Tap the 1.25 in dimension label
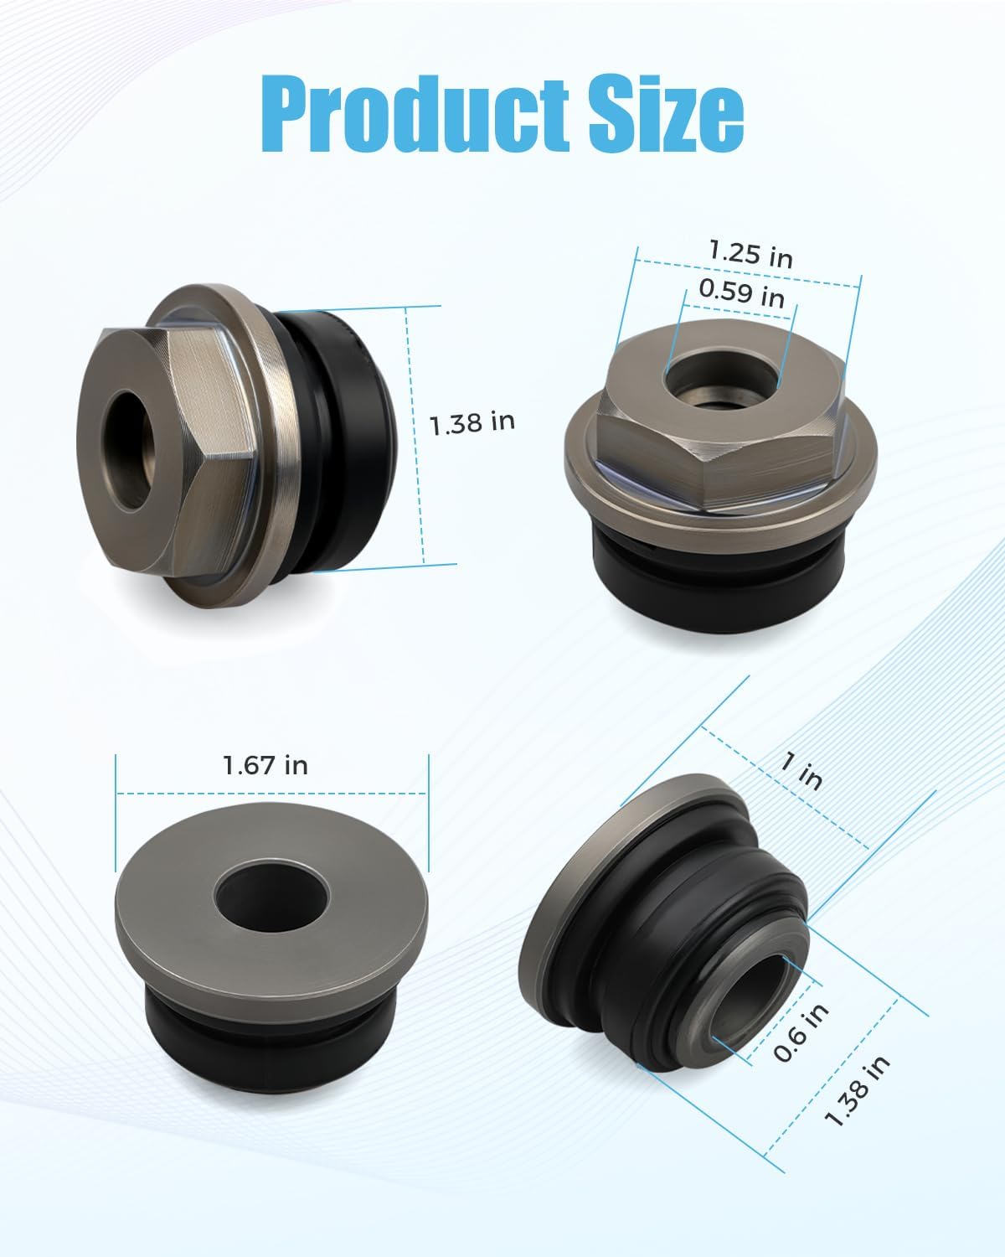tap(751, 255)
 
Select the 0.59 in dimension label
tap(742, 293)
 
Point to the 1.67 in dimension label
tap(265, 765)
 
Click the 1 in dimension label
tap(801, 771)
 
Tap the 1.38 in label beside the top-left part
tap(472, 423)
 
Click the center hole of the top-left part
tap(129, 450)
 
